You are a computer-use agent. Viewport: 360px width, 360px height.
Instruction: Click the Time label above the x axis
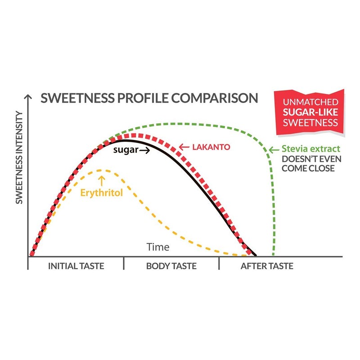pos(158,247)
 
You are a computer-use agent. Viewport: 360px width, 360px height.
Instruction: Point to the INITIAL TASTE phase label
pos(76,266)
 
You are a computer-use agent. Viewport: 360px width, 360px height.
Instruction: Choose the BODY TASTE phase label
pos(171,266)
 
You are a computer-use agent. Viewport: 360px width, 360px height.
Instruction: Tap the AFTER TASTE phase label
pos(267,266)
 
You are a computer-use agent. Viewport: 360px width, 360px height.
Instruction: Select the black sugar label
pos(125,151)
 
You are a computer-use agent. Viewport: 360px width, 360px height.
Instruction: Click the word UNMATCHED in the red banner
pos(309,102)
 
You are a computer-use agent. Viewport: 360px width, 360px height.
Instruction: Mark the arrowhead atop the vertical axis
pos(29,97)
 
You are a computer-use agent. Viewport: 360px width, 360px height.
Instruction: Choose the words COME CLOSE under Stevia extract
pos(309,168)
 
